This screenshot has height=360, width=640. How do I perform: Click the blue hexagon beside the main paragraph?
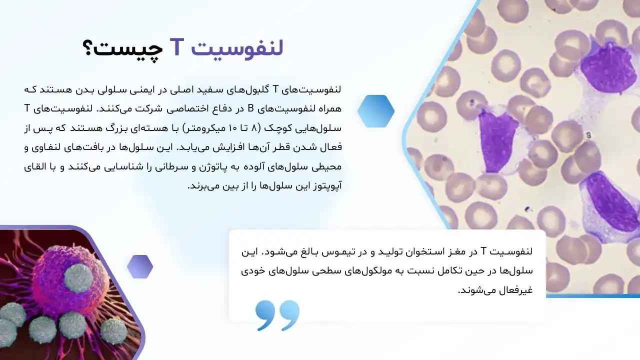pos(376,110)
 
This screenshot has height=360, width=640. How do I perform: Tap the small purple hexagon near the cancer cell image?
pos(140,266)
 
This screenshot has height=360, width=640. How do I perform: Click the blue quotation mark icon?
pos(277,315)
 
